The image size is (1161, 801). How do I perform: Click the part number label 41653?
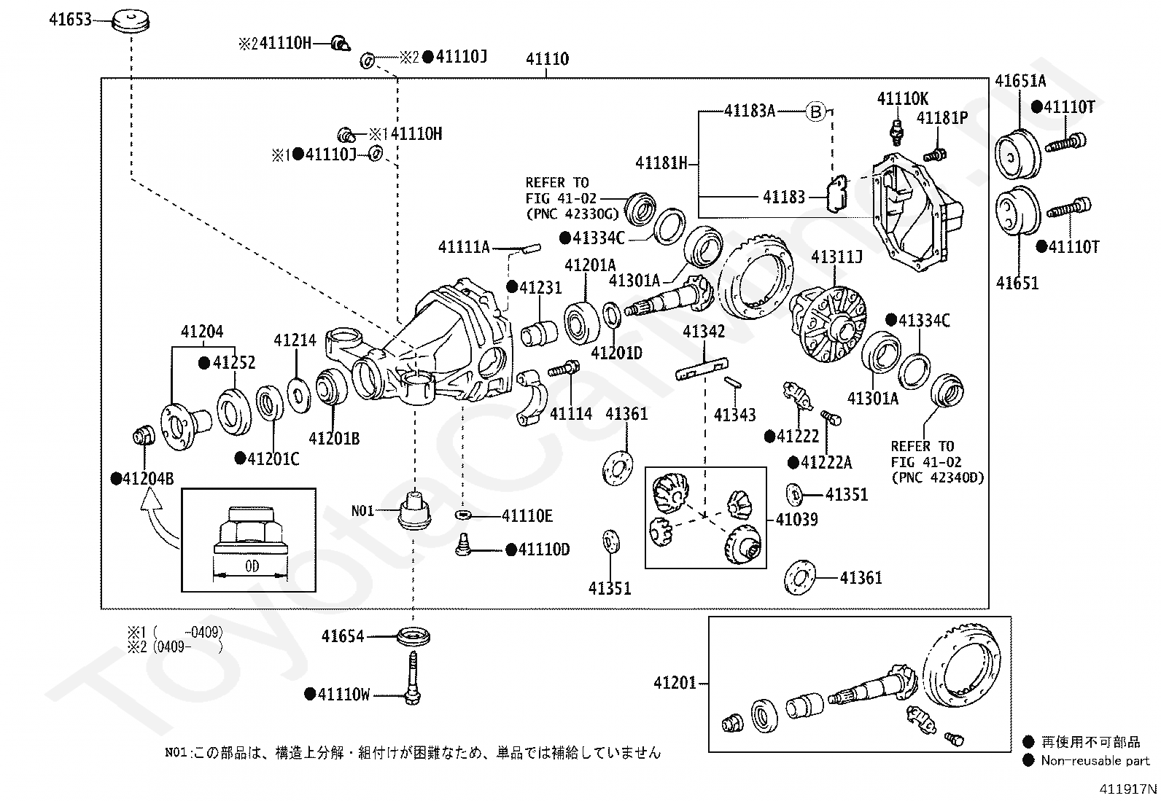click(70, 20)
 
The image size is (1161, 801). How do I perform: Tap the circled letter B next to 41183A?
click(815, 112)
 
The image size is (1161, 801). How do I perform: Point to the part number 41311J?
click(836, 257)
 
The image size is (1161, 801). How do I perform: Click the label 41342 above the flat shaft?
click(704, 331)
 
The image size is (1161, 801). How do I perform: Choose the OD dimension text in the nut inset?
click(252, 566)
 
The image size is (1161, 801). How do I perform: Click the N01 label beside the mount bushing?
click(363, 511)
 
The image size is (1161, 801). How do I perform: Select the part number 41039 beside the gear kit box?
click(796, 519)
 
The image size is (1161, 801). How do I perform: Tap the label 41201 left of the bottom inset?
click(675, 683)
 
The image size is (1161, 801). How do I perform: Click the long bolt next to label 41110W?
click(413, 679)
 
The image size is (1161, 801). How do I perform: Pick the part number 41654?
click(343, 636)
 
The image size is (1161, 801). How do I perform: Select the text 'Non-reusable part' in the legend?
click(1095, 761)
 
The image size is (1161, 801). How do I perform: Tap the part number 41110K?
click(902, 99)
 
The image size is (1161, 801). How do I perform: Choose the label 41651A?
click(1020, 81)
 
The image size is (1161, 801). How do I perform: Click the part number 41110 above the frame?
click(548, 59)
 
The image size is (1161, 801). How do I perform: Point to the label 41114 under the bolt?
click(570, 414)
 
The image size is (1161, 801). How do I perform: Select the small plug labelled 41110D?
click(462, 545)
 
